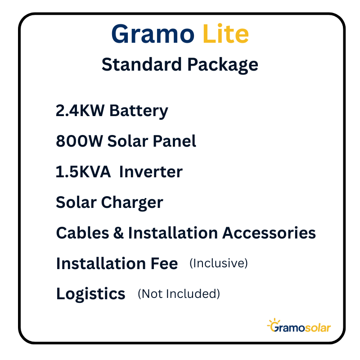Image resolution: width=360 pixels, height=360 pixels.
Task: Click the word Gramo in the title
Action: pos(153,34)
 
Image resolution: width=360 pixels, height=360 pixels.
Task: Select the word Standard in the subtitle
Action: pos(142,64)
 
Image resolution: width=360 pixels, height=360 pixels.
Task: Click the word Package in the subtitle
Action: pos(223,65)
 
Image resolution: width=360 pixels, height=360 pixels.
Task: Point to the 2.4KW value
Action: pos(80,111)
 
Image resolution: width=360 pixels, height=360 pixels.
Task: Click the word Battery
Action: pos(139,111)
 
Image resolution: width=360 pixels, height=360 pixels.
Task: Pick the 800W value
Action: pos(79,141)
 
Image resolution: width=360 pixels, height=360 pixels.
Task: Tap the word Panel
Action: pos(174,141)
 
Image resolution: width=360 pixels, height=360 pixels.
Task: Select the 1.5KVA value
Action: pos(83,172)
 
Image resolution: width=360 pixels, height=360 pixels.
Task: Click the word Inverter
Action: pos(151,172)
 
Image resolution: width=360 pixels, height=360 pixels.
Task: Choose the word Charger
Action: pos(132,203)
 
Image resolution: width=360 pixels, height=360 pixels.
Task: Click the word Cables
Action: pos(82,233)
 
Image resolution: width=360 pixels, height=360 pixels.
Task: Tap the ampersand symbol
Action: pos(118,233)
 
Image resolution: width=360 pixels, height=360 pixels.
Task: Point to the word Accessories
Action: pos(269,233)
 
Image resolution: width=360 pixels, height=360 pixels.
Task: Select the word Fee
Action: pos(164,263)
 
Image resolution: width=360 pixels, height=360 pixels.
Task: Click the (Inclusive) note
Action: pos(219,263)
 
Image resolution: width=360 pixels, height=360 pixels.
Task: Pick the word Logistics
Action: pos(91,294)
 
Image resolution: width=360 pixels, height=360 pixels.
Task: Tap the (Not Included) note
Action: pos(179,294)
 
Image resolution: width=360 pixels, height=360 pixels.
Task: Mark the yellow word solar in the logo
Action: pos(318,328)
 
